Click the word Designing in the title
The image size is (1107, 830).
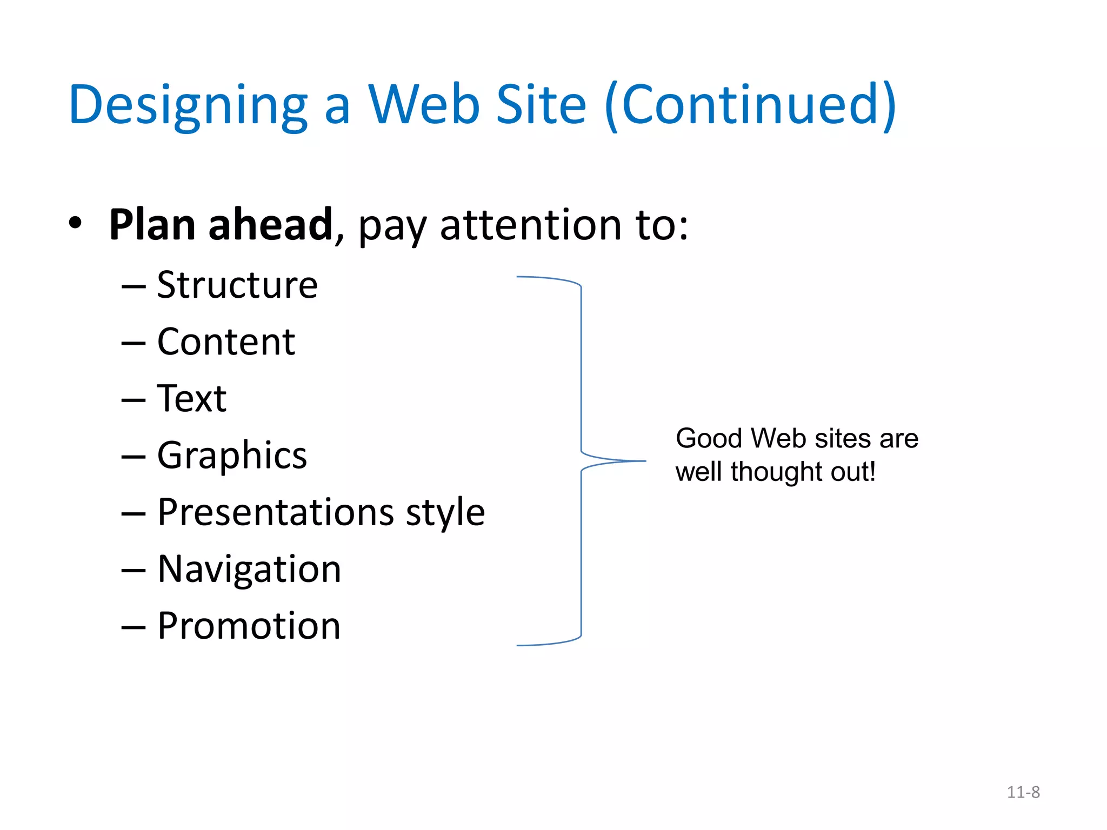pos(188,105)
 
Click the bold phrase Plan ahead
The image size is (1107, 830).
pos(221,225)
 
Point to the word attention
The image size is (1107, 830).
pos(531,225)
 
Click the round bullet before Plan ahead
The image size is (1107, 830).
pos(75,223)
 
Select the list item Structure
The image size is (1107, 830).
pos(237,285)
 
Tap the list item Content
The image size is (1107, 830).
pos(226,342)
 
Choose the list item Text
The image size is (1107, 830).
pos(191,399)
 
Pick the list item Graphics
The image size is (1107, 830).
pos(232,456)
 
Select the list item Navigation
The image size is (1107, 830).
pos(249,569)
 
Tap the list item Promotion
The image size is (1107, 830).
pos(249,626)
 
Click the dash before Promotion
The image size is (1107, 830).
pos(134,627)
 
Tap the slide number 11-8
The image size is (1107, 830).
pos(1023,792)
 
